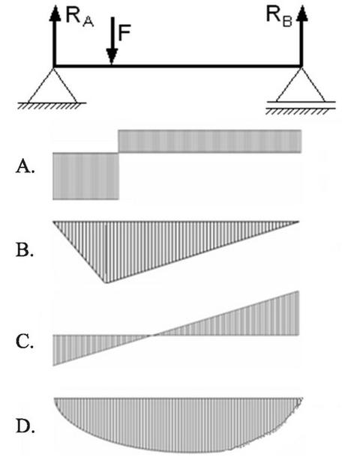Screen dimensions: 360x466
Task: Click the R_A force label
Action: [79, 17]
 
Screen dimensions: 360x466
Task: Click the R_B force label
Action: [279, 17]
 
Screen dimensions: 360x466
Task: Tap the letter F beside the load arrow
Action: [124, 33]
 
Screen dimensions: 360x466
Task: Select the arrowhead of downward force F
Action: [112, 56]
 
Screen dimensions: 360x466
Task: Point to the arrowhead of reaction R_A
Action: [55, 13]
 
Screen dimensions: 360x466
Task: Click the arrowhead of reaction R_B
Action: [302, 13]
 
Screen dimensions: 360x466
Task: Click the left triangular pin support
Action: [53, 85]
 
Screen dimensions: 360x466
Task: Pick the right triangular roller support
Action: [301, 85]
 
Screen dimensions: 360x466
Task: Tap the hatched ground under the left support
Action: [51, 106]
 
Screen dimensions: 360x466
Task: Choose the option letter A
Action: [25, 167]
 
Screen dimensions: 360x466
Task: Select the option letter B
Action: [25, 250]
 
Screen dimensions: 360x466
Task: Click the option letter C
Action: [25, 342]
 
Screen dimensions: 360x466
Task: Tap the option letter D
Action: [25, 427]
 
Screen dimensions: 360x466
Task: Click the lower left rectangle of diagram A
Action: [85, 176]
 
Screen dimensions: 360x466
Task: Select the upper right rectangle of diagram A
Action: [210, 141]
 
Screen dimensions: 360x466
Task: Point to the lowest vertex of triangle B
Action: [105, 283]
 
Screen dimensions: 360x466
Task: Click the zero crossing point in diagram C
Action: [151, 335]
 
